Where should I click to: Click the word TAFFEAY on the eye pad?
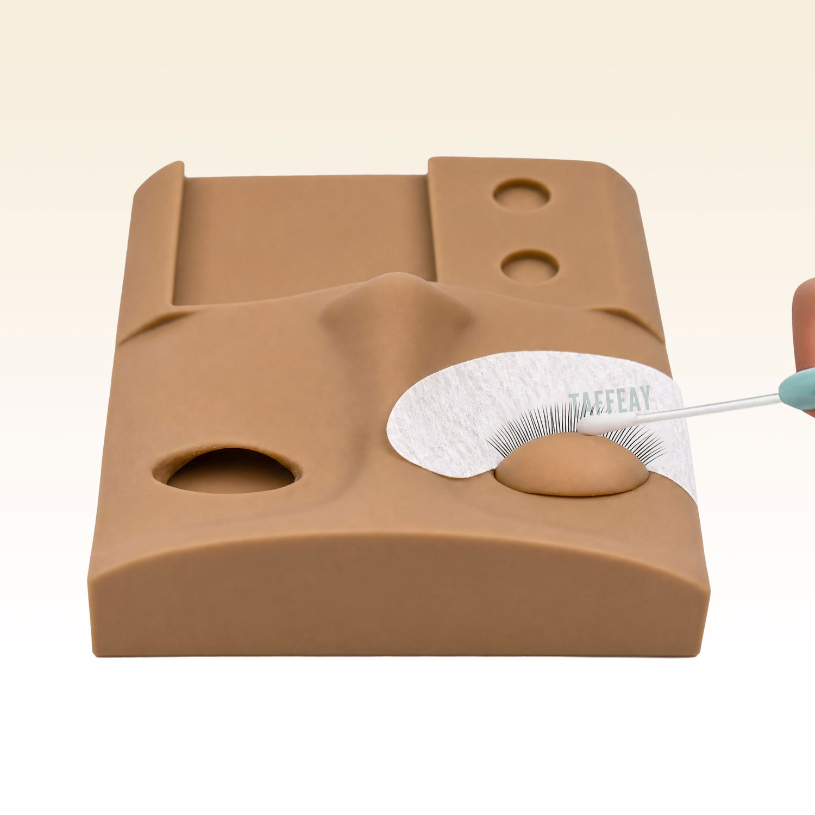[610, 400]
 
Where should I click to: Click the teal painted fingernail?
[798, 388]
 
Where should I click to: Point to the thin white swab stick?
[706, 407]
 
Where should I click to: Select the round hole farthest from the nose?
[521, 195]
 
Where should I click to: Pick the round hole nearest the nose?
[529, 266]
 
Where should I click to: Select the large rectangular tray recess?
[304, 239]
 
